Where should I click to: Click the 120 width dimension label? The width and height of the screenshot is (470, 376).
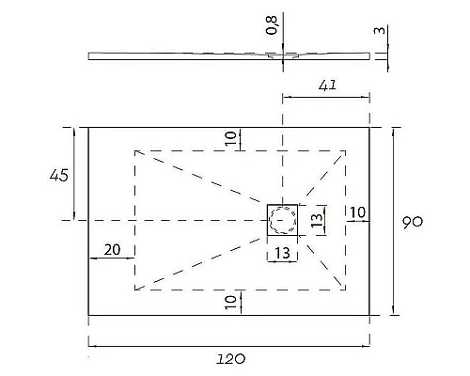232,358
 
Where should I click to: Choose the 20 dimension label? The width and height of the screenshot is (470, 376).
112,249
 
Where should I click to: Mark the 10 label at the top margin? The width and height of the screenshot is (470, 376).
230,138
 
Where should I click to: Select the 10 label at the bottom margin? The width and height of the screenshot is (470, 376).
230,301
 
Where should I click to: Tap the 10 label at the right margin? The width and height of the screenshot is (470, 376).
357,212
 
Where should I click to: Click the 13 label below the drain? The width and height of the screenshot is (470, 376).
282,254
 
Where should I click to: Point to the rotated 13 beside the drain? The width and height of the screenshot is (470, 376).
317,220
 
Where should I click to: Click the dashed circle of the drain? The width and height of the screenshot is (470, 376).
282,220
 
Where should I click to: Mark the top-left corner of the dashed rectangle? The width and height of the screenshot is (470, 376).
135,149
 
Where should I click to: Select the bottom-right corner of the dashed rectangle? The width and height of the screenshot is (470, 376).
344,290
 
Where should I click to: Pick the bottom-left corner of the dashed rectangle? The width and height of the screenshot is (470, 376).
135,290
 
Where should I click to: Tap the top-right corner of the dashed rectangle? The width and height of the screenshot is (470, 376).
344,149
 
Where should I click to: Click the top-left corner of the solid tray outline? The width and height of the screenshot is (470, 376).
88,127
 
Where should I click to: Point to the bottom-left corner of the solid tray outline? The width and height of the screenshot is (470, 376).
88,314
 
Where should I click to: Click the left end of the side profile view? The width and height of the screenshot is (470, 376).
90,55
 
